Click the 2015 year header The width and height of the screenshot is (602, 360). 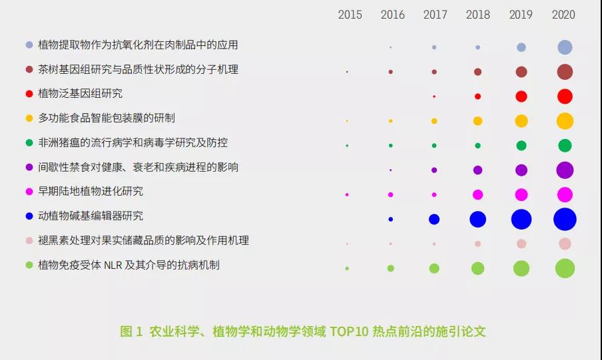(x=350, y=15)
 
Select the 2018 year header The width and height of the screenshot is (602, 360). (x=477, y=15)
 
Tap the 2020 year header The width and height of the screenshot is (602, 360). (x=563, y=15)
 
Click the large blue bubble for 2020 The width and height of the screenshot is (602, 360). (x=565, y=219)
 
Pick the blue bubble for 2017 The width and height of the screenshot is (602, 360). (x=434, y=219)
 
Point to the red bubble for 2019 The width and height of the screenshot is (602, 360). (x=521, y=96)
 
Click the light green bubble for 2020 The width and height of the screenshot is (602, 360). (x=565, y=268)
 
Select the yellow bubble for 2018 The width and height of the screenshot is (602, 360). (x=477, y=121)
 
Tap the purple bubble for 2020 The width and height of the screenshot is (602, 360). (x=565, y=170)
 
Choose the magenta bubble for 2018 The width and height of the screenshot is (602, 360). (x=477, y=194)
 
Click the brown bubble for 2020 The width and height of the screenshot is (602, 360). (x=565, y=72)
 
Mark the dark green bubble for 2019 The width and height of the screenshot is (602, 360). (x=521, y=146)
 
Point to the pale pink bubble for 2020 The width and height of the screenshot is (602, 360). (x=565, y=244)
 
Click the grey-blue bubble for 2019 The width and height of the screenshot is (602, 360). (x=521, y=47)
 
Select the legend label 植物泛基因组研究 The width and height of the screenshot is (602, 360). (x=80, y=94)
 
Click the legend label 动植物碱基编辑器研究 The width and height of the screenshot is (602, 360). (x=91, y=216)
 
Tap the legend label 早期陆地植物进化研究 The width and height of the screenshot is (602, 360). (x=91, y=192)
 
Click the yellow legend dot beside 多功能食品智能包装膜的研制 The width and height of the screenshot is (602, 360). (x=29, y=118)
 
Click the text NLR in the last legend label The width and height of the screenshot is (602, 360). (x=113, y=266)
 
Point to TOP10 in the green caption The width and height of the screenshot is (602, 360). (x=348, y=331)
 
